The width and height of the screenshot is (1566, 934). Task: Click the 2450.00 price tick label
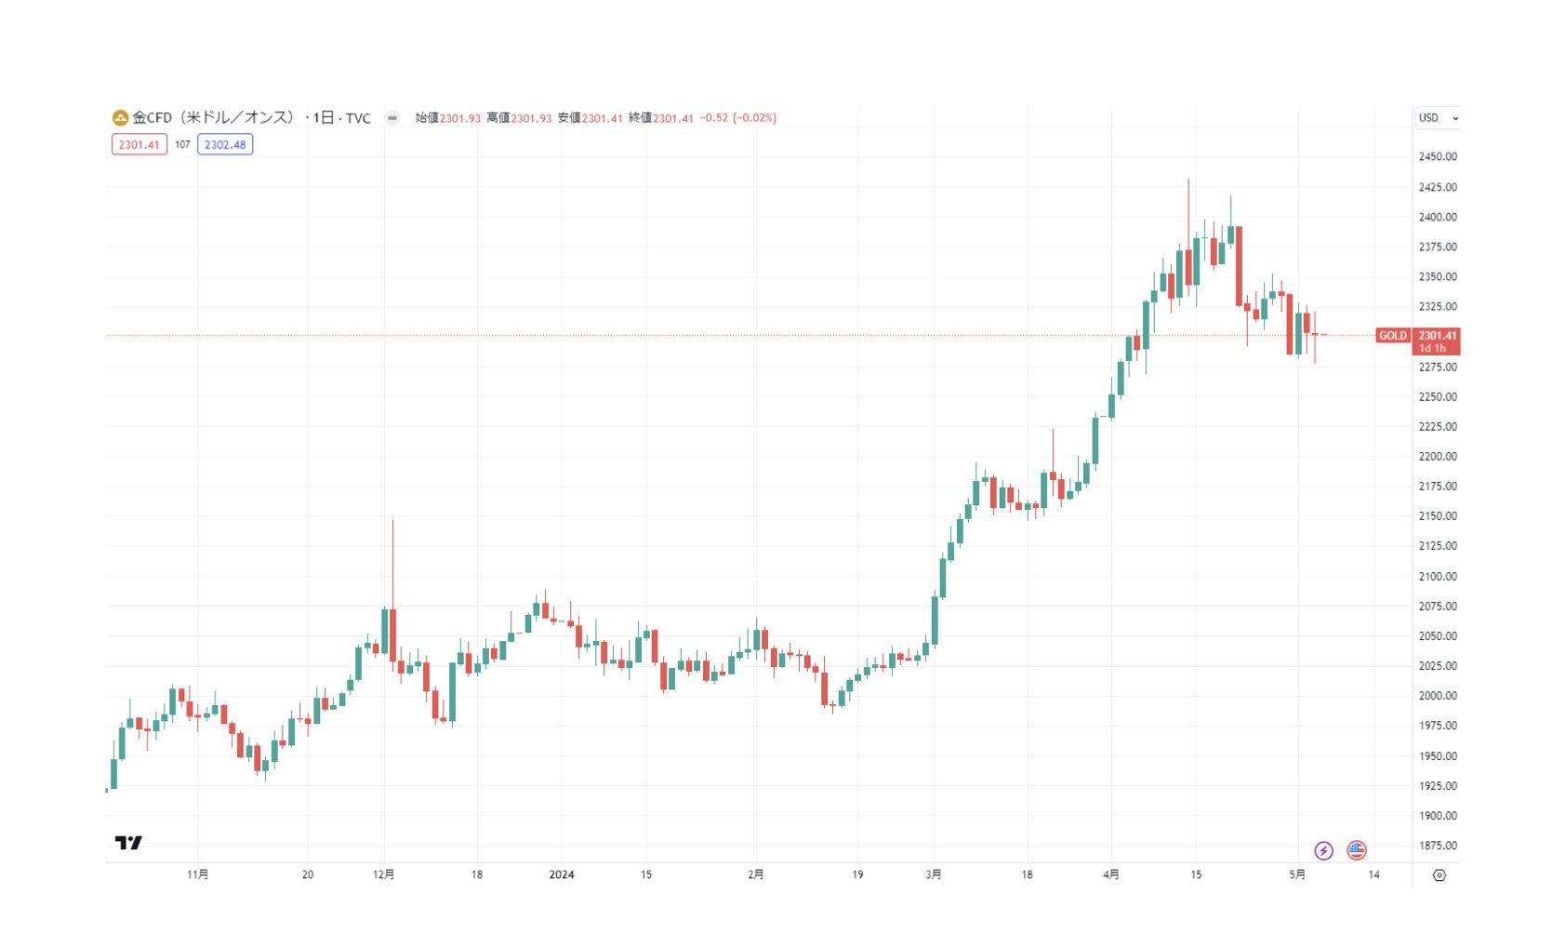click(1437, 156)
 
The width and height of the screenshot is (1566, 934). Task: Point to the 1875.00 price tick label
click(1437, 846)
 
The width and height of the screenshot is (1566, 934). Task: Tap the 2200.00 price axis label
click(1437, 456)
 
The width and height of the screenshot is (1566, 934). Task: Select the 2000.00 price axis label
click(1437, 696)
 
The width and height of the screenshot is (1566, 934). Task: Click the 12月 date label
click(383, 874)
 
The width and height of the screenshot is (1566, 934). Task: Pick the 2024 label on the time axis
click(562, 874)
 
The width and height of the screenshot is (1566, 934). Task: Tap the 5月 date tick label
click(1297, 874)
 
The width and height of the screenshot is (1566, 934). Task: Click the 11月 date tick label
click(197, 874)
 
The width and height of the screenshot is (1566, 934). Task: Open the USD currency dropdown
click(1438, 118)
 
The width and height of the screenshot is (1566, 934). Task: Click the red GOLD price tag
click(1392, 336)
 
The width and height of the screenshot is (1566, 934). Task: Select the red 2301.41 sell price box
click(139, 145)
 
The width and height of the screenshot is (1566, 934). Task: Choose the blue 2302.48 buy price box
click(225, 145)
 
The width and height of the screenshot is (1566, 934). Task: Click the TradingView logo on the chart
click(128, 843)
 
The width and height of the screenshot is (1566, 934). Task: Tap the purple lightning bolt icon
click(1323, 850)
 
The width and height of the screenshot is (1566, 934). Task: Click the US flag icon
click(1357, 850)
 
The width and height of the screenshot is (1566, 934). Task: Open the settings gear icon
click(1440, 875)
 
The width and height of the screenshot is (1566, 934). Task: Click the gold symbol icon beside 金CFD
click(120, 118)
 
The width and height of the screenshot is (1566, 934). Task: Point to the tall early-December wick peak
click(392, 521)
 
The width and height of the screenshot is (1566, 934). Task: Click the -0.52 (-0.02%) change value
click(738, 118)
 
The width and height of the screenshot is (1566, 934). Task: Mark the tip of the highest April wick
click(1188, 180)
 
